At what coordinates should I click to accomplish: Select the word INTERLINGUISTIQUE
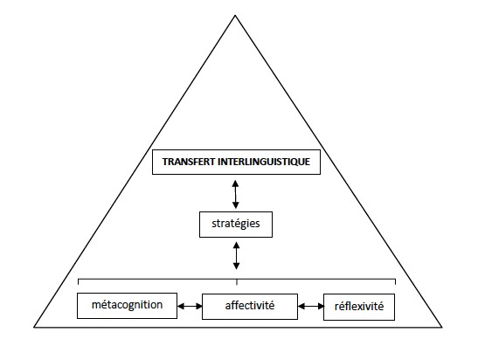pos(264,162)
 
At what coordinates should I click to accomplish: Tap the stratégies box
pos(236,225)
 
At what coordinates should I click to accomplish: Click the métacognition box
pos(127,306)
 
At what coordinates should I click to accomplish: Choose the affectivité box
pos(250,307)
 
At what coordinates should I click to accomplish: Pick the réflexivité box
pos(359,307)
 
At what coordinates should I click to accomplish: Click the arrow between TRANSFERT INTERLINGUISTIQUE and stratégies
pos(235,194)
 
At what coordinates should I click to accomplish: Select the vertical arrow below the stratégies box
pos(236,255)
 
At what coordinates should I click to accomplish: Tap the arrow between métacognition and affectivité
pos(190,306)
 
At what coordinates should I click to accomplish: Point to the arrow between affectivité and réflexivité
pos(311,306)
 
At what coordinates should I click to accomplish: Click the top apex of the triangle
pos(235,15)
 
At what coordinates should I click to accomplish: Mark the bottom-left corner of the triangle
pos(34,327)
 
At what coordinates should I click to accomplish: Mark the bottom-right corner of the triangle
pos(441,327)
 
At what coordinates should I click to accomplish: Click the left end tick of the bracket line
pos(79,281)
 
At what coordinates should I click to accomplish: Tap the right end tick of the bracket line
pos(395,281)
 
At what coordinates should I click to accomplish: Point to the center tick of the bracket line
pos(237,281)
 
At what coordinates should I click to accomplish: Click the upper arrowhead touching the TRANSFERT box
pos(235,183)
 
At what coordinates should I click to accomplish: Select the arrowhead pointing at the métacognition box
pos(181,306)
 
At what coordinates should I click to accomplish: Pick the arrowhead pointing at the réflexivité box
pos(321,306)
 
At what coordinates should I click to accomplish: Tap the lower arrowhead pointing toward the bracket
pos(236,266)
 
